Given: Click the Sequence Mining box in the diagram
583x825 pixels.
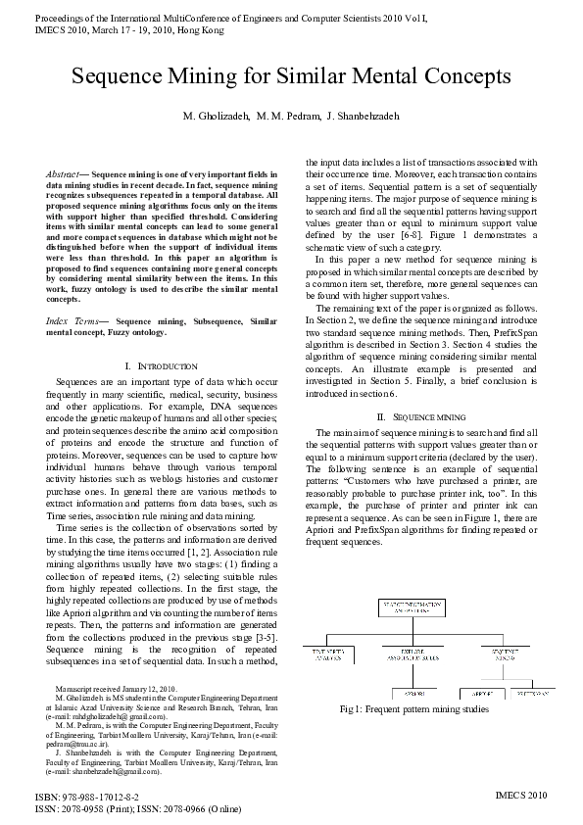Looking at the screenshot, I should click(x=506, y=653).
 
